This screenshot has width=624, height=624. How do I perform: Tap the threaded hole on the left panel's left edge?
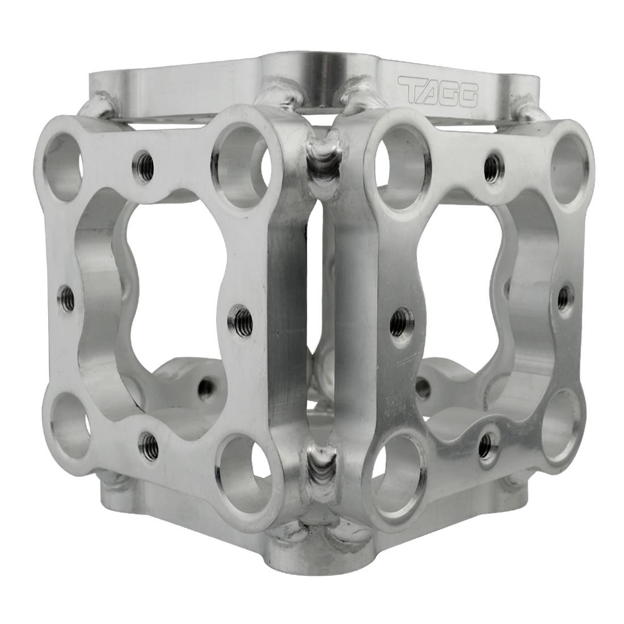coord(66,295)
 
